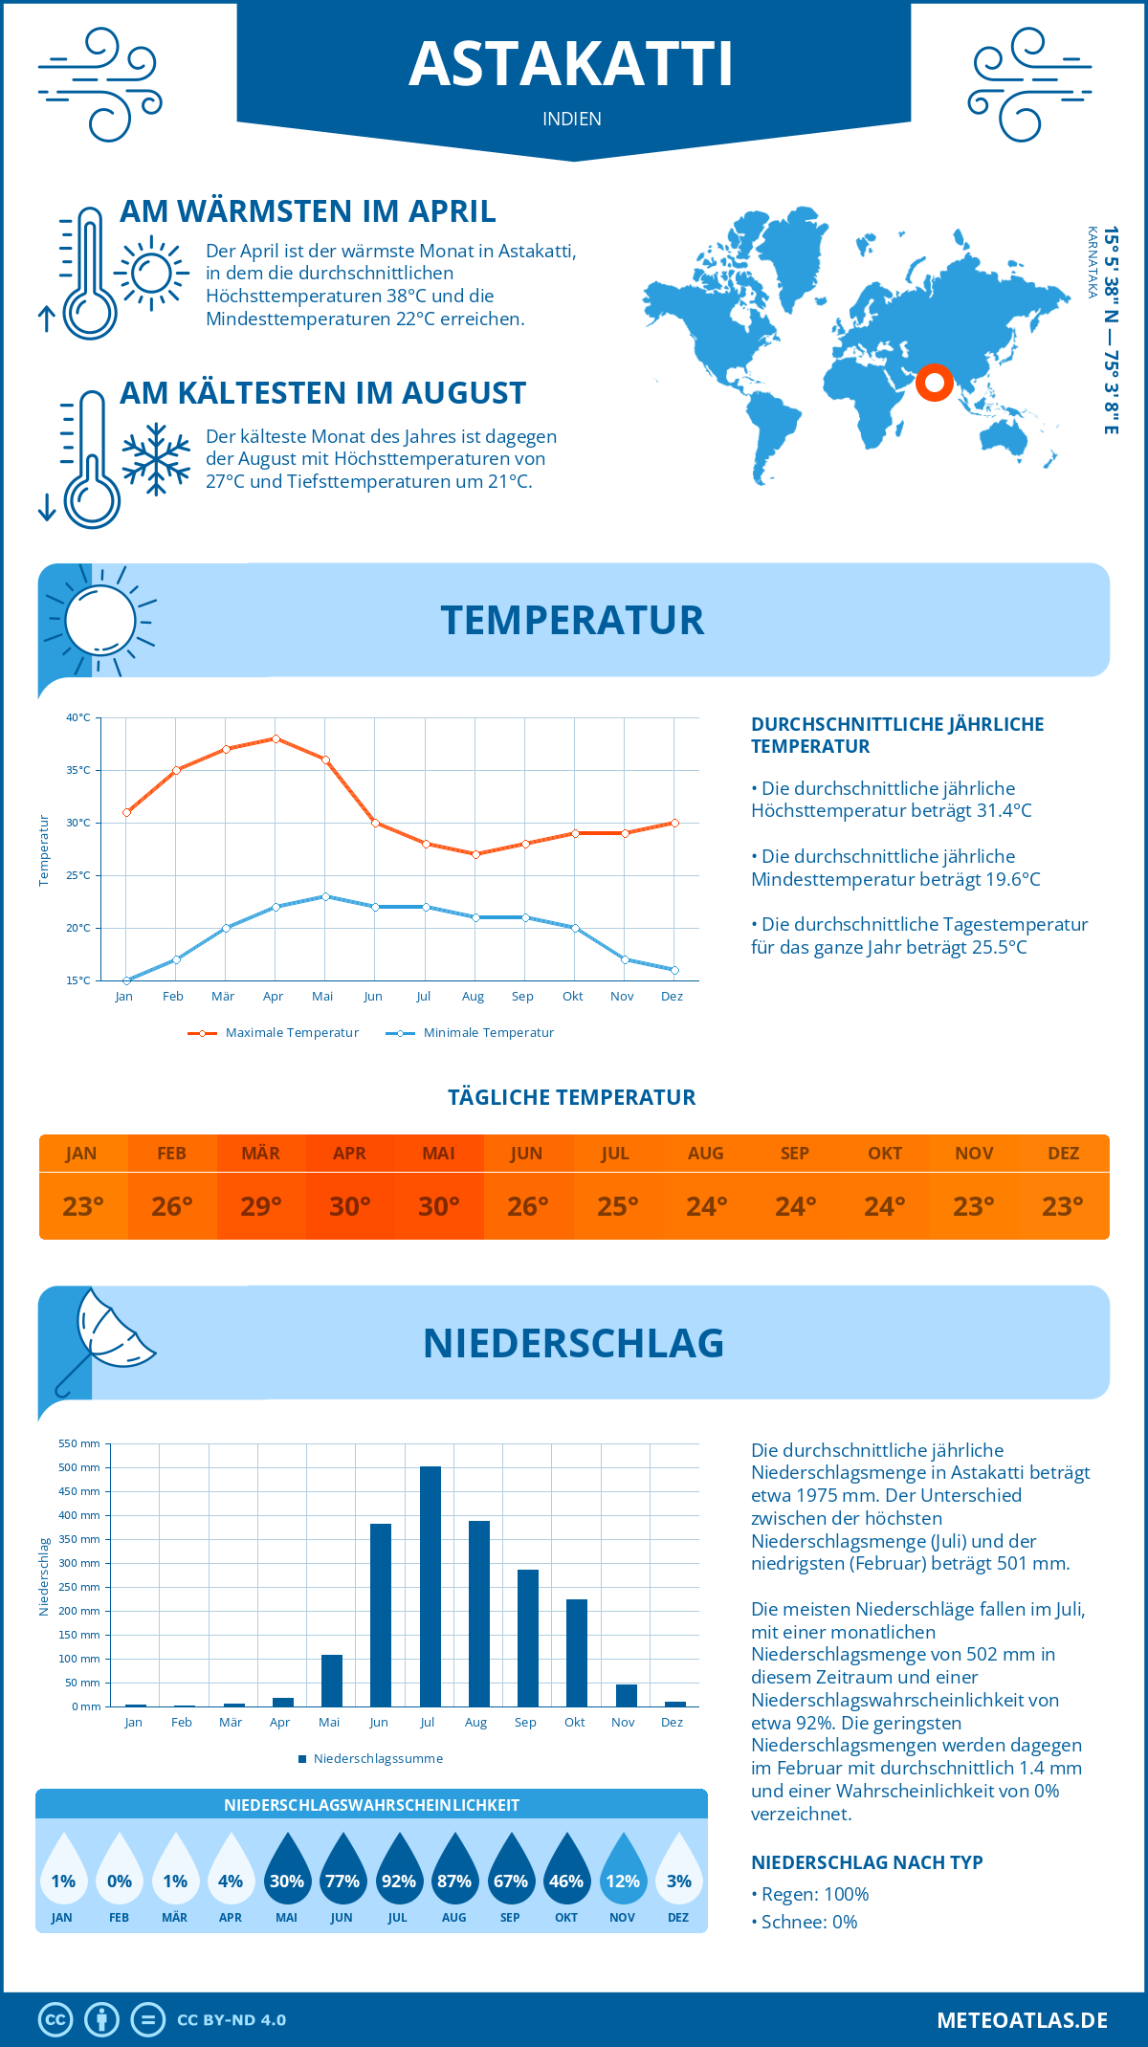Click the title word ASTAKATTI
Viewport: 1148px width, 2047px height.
(571, 64)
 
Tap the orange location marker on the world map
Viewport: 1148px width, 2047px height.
(935, 383)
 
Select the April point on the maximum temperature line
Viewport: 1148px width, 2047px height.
(276, 738)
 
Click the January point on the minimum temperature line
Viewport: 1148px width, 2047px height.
(126, 980)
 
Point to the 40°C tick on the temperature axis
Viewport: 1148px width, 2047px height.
(78, 717)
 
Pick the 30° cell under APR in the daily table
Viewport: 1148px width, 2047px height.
(350, 1206)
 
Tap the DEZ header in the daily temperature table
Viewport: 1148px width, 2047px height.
(1064, 1154)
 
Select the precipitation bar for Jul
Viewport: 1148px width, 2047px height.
(430, 1586)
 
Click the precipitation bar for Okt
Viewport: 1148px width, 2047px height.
(577, 1653)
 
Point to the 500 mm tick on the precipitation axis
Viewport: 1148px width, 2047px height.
(80, 1467)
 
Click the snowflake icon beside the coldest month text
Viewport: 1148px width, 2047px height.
(156, 459)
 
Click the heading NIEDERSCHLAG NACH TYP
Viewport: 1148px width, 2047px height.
(867, 1862)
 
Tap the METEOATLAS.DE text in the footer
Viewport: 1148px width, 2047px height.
(1022, 2020)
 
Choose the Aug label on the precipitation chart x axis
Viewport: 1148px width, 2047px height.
(475, 1723)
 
